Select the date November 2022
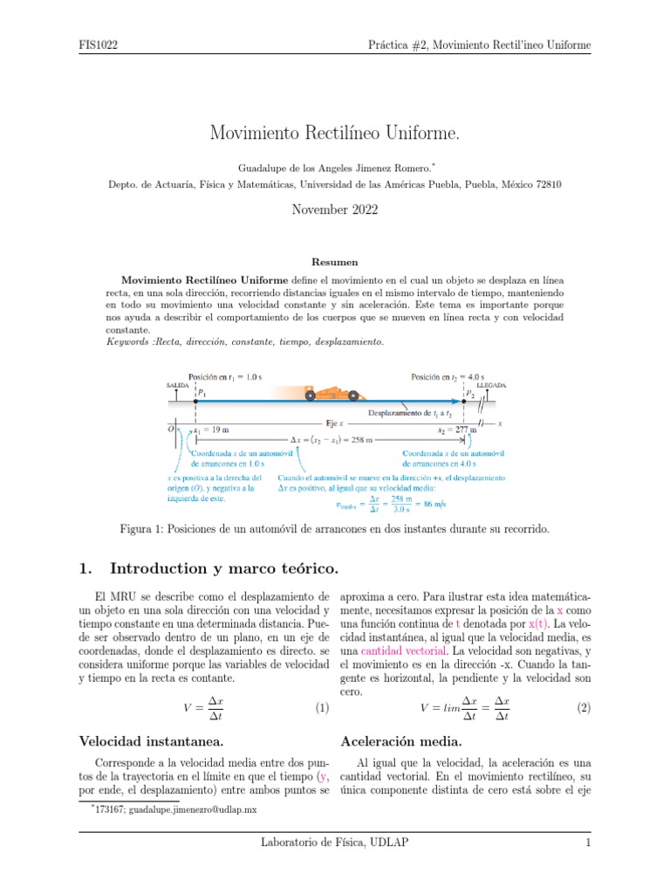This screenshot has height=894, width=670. point(334,210)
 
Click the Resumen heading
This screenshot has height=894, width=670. point(334,261)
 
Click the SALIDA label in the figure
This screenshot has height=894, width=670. point(177,385)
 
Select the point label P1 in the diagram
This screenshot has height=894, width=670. point(202,394)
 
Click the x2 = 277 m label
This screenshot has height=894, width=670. point(456,430)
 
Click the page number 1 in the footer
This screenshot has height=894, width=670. point(589,842)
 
